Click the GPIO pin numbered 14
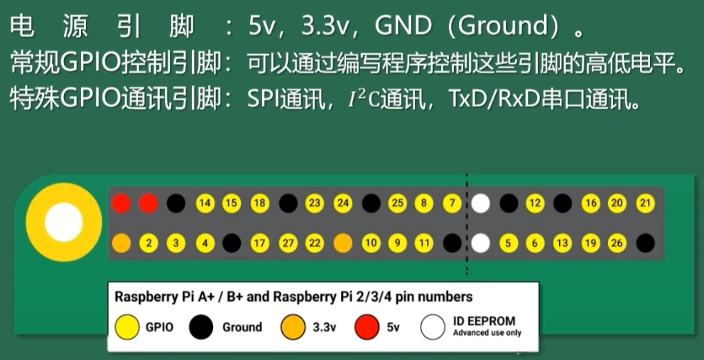coord(205,204)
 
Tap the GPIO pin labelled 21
coord(645,204)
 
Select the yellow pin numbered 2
coord(149,243)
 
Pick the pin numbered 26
coord(617,243)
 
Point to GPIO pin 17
coord(260,243)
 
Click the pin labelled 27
coord(288,243)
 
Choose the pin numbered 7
coord(452,204)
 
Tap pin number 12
coord(534,204)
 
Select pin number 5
coord(507,243)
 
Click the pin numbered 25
coord(397,204)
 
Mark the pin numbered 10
coord(370,243)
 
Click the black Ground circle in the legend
coord(201,327)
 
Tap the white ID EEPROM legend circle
coord(433,327)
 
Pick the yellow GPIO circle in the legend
coord(126,327)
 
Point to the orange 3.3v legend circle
coord(291,327)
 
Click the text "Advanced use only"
coord(487,333)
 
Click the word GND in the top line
coord(402,26)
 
